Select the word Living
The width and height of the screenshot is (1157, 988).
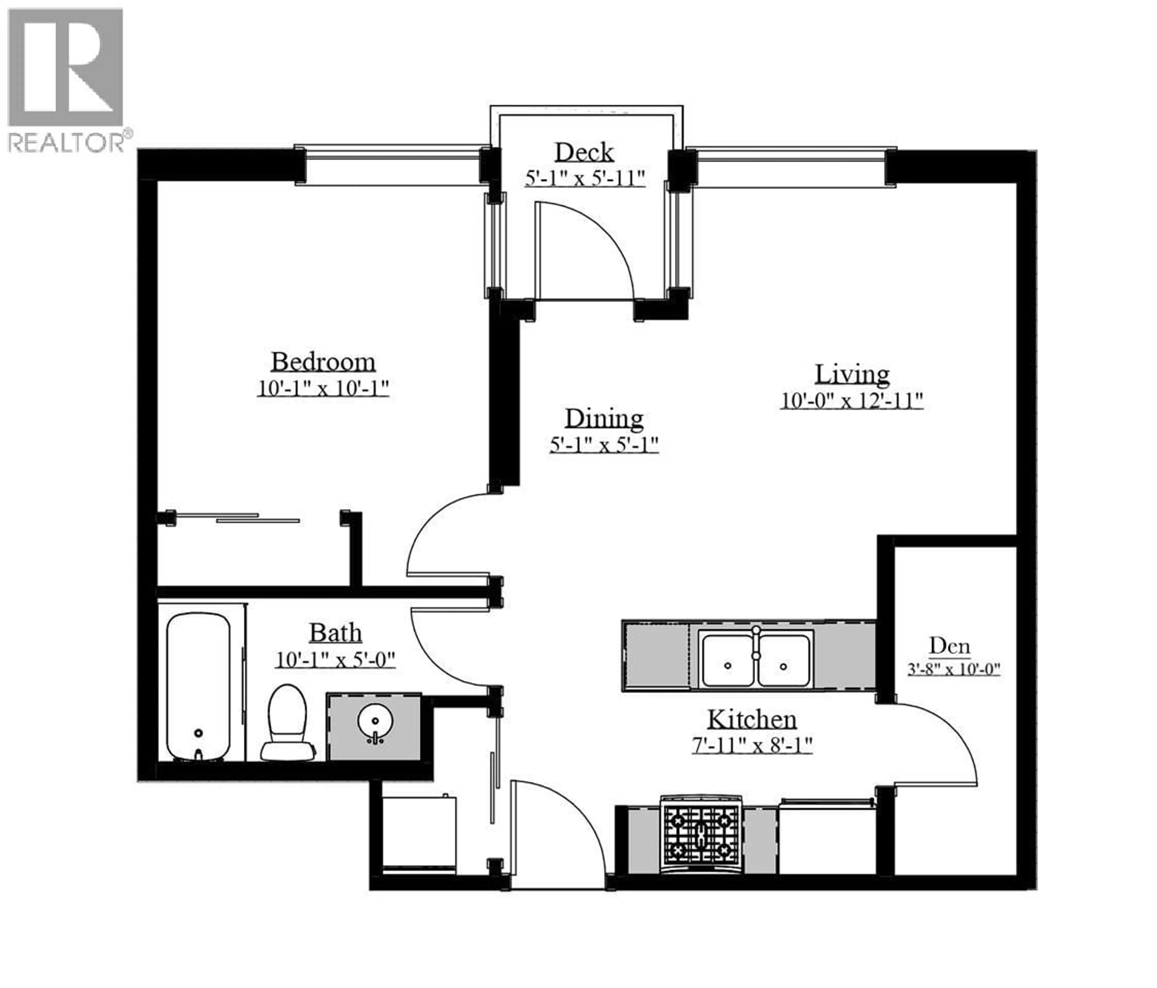click(x=851, y=374)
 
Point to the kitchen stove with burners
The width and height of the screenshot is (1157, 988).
click(x=701, y=836)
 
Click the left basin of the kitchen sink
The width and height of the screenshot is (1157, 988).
click(x=728, y=661)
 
